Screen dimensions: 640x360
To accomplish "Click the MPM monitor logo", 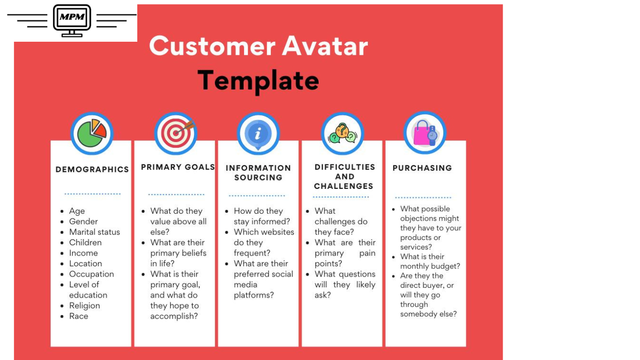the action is (72, 21).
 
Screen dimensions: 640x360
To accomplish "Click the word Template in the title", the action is (258, 81).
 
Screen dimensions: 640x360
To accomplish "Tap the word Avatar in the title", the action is (325, 46).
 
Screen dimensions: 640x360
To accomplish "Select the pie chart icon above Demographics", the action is (92, 133).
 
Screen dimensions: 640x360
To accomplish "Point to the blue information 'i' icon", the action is (258, 133).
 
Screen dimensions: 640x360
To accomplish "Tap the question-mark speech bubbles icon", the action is (342, 133).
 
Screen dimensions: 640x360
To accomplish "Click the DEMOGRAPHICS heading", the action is (92, 169).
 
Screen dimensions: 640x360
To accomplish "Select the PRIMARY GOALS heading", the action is (178, 167).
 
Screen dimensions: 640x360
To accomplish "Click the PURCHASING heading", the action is (422, 168).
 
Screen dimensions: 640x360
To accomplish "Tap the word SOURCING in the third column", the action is (258, 178).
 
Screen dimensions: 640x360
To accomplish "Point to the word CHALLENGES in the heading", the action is (344, 186).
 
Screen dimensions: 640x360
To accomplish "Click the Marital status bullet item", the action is (95, 232).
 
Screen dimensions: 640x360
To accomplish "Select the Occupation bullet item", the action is (91, 274).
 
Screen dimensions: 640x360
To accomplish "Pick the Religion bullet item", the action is (85, 306).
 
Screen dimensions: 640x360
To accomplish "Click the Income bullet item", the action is (83, 253).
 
